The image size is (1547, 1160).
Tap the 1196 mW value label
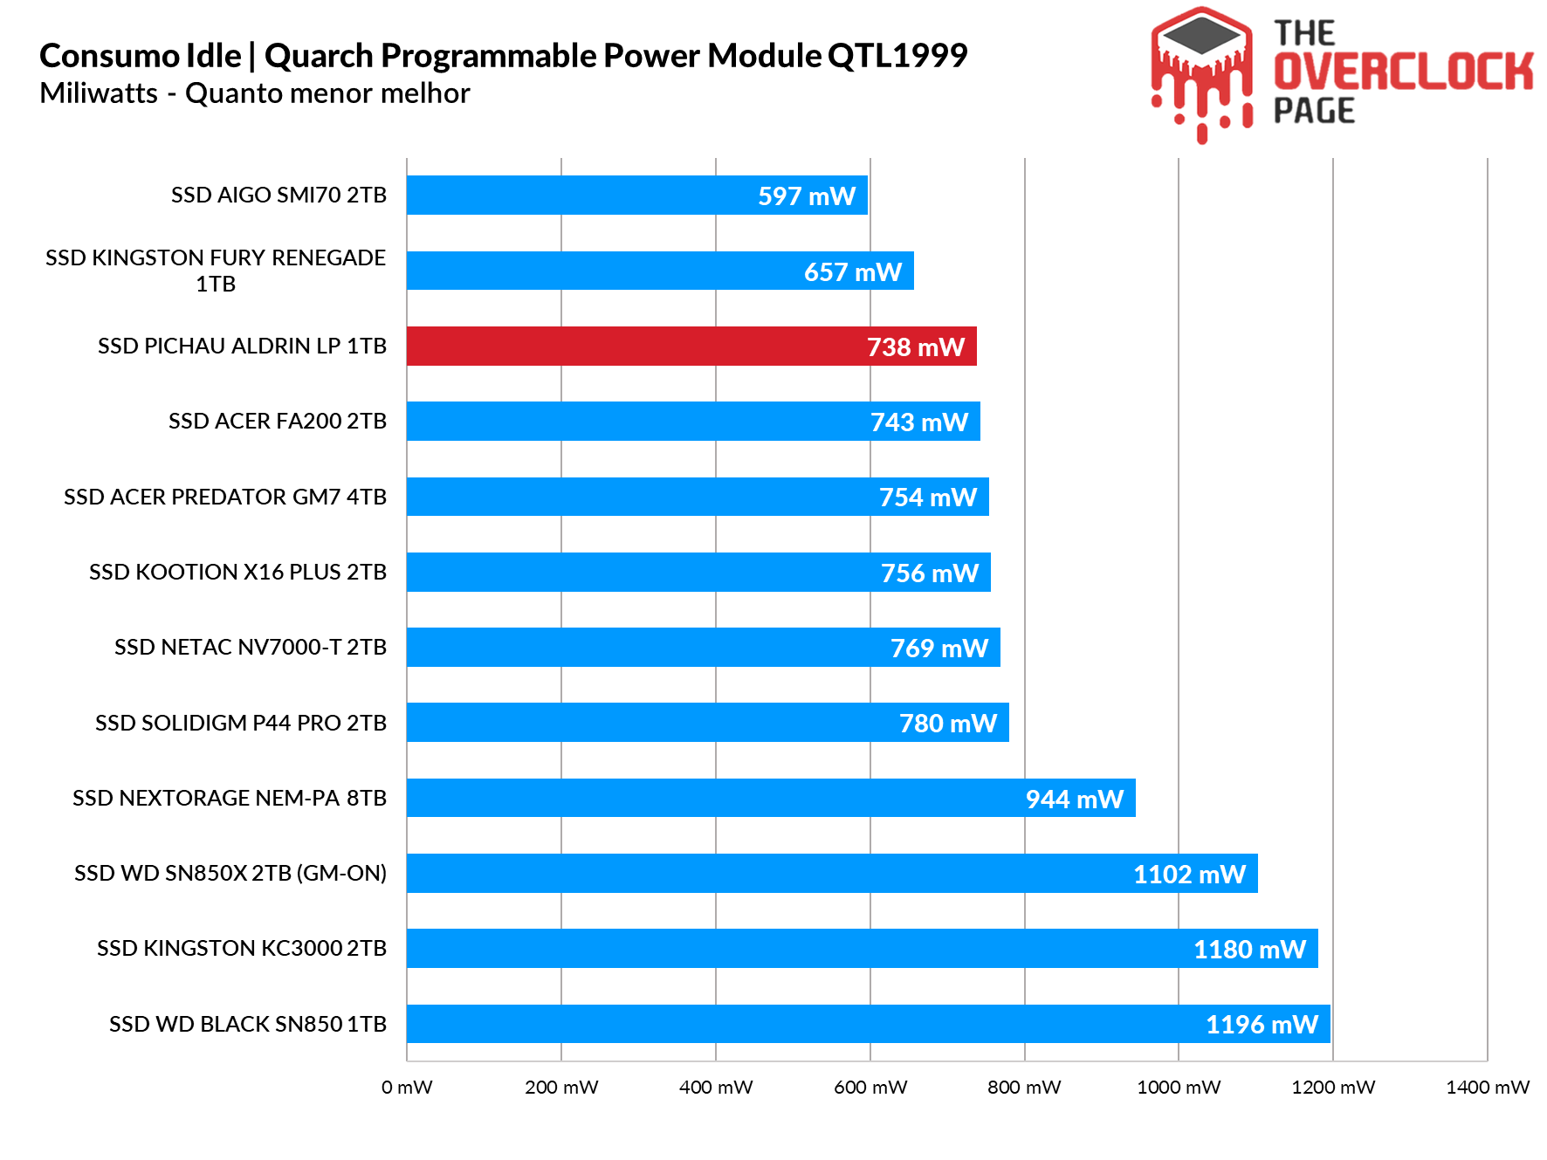coord(1262,1025)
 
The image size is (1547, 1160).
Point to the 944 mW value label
coord(1074,800)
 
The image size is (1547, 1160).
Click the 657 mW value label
coord(852,272)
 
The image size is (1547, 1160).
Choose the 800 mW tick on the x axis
coord(1024,1088)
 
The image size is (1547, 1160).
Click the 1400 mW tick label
coord(1488,1088)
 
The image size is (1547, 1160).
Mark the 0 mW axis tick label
coord(407,1088)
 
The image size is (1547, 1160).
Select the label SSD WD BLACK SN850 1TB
coord(248,1024)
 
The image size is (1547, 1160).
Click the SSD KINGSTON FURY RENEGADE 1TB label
coord(216,271)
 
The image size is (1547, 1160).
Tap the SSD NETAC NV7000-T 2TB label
coord(251,647)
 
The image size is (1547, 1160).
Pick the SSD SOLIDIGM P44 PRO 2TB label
coord(241,723)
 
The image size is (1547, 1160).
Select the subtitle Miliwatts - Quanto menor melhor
coord(255,93)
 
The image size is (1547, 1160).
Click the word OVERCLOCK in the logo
coord(1403,72)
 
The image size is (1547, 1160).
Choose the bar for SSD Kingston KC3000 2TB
coord(862,949)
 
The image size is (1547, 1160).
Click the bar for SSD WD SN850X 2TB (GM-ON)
coord(832,874)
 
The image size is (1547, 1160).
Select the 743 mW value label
coord(919,422)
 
